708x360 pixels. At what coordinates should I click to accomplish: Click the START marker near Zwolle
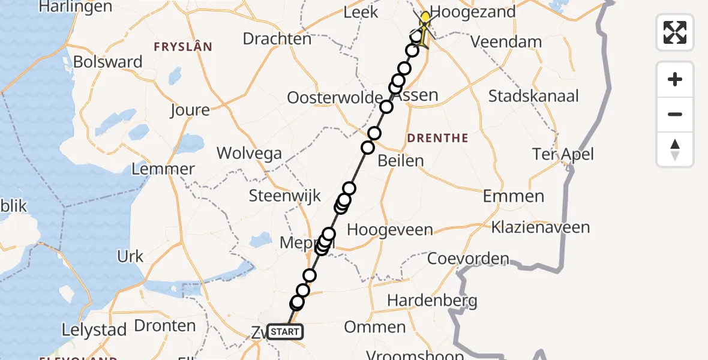pos(285,331)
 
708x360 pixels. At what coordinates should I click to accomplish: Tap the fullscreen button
pos(675,32)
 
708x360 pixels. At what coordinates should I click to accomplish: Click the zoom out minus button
pos(675,114)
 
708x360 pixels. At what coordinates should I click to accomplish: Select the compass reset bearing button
pos(675,149)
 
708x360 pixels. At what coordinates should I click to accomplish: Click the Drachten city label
pos(277,39)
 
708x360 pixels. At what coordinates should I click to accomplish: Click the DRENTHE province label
pos(438,139)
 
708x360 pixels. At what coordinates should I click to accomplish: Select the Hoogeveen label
pos(390,230)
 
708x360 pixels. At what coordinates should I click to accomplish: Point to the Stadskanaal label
pos(533,96)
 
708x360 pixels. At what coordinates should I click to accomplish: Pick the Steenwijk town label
pos(285,196)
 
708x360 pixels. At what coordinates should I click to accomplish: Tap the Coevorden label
pos(468,259)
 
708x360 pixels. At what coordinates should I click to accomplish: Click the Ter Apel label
pos(563,154)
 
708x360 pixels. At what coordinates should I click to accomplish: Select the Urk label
pos(130,257)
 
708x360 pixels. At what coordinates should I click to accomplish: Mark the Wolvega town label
pos(249,153)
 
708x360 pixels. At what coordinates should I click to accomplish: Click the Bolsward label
pos(108,62)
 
